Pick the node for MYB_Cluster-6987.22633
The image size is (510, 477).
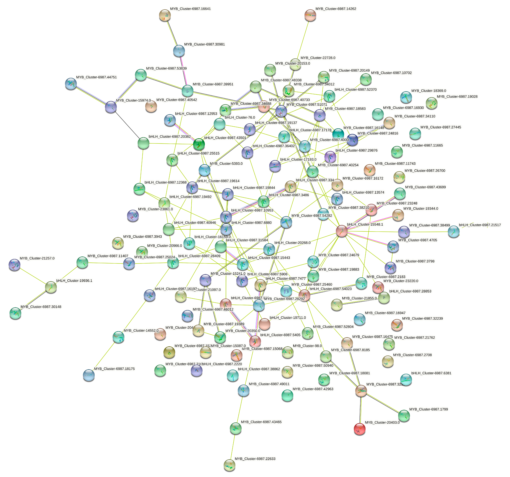229,465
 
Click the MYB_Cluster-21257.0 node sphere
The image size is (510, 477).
14,265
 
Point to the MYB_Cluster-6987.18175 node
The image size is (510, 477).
89,375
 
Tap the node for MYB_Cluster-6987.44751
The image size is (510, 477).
71,84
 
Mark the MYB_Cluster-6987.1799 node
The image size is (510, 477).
404,416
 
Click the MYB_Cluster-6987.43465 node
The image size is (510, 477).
236,428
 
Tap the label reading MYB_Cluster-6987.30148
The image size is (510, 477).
41,307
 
